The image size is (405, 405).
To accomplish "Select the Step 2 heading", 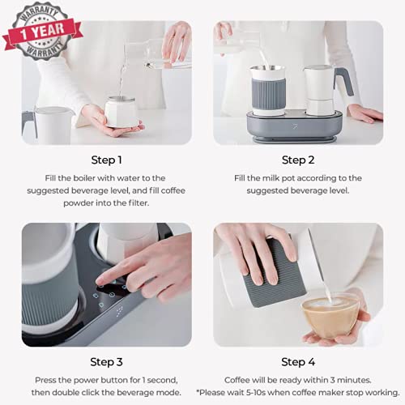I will click(298, 160).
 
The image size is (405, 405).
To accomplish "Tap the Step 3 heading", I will click(107, 361).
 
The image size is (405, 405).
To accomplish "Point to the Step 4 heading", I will click(298, 361).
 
